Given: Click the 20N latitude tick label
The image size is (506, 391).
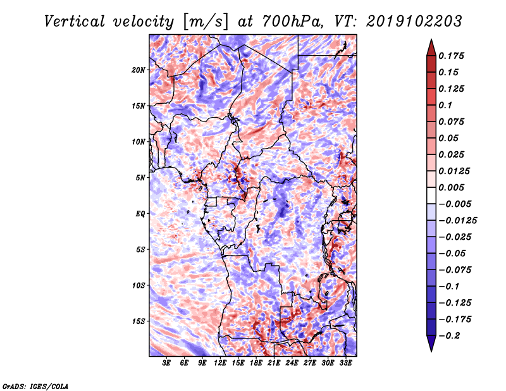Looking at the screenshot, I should point(139,70).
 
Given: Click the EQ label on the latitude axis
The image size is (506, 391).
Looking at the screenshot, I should point(140,213).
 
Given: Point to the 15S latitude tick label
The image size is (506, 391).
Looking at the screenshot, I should point(139,321).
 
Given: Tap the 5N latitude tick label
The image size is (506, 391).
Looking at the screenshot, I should point(141,178).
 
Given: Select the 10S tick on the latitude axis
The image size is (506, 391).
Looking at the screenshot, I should point(139,285).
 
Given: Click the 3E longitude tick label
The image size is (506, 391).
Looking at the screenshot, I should point(167,363).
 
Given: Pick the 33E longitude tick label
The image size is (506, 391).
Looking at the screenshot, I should point(345,363).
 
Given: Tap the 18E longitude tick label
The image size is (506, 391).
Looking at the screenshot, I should point(256,363).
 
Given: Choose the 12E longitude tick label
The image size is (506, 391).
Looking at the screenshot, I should point(220,363).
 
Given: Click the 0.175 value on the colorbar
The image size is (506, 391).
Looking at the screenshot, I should point(454,56).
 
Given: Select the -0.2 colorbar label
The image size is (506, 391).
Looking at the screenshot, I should point(451,336).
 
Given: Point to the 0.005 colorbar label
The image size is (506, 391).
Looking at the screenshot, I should point(454,187).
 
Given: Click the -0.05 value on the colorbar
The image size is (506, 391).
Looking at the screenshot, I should point(454,254).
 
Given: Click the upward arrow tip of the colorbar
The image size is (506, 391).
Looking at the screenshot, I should point(430,40).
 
